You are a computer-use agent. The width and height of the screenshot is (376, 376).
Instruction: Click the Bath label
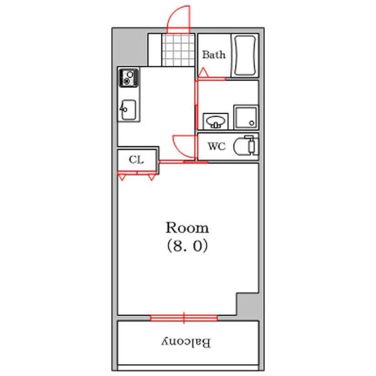pos(214,55)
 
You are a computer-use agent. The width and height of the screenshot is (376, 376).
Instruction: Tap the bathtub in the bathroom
pos(245,55)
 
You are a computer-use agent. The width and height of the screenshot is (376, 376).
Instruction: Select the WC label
pos(217,146)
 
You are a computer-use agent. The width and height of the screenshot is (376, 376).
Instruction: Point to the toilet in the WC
pos(246,145)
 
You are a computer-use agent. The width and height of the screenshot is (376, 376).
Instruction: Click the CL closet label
pos(136,159)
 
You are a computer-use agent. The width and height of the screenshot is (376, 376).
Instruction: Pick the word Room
pos(187,227)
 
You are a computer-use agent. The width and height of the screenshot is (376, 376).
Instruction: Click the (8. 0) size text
pos(187,246)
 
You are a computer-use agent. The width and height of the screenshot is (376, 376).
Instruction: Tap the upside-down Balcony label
pos(186,342)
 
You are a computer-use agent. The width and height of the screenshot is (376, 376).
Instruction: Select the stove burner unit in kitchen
pos(129,78)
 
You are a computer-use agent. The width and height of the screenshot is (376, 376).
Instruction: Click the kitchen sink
pos(128,110)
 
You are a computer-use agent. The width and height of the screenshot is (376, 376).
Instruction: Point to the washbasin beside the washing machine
pos(216,121)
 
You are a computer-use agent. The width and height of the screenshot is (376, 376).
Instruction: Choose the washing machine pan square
pos(246,117)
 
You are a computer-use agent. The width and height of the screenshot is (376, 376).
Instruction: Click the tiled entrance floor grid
pos(179,50)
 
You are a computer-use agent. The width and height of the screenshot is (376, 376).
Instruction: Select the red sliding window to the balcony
pos(184,318)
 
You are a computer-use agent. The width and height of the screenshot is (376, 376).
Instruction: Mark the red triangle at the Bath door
pos(203,73)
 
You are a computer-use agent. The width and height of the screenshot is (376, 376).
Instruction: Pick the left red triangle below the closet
pos(122,178)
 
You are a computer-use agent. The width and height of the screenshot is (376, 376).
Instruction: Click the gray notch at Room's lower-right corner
pos(248,304)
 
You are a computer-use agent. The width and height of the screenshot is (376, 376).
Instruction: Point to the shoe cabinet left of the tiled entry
pos(155,50)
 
